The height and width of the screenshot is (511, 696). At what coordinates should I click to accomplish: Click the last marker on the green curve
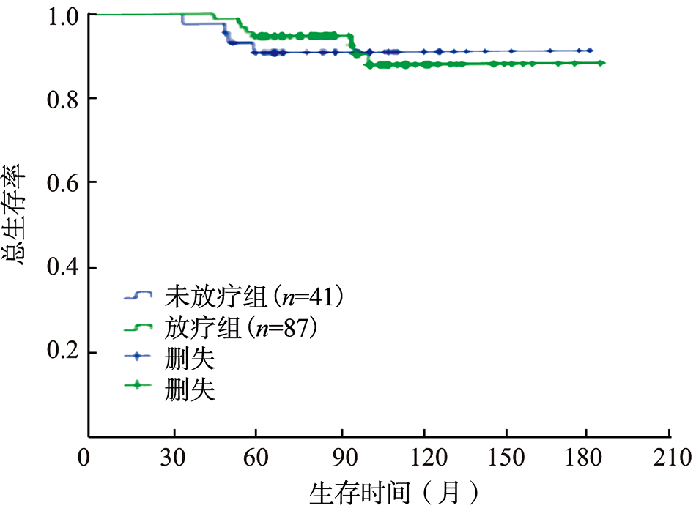pos(601,64)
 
